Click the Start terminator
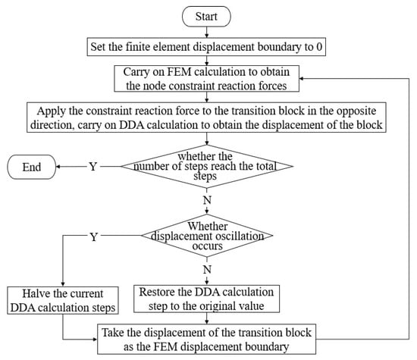(206, 17)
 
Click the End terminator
(32, 167)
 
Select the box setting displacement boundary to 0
(206, 47)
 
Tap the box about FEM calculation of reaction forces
(207, 79)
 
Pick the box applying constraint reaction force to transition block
(206, 117)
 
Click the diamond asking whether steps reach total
(207, 167)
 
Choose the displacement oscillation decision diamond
(207, 236)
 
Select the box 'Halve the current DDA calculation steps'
(63, 300)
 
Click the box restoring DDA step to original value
(207, 299)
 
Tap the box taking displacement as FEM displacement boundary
(207, 340)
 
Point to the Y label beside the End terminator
(93, 167)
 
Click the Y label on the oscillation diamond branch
(93, 236)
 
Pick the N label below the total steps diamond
(207, 200)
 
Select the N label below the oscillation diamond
(207, 270)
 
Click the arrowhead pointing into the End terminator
(58, 167)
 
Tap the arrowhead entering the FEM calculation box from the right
(301, 78)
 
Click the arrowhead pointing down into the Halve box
(63, 284)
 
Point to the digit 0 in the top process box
(319, 47)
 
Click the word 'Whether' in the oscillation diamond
(208, 227)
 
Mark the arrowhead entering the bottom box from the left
(96, 340)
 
